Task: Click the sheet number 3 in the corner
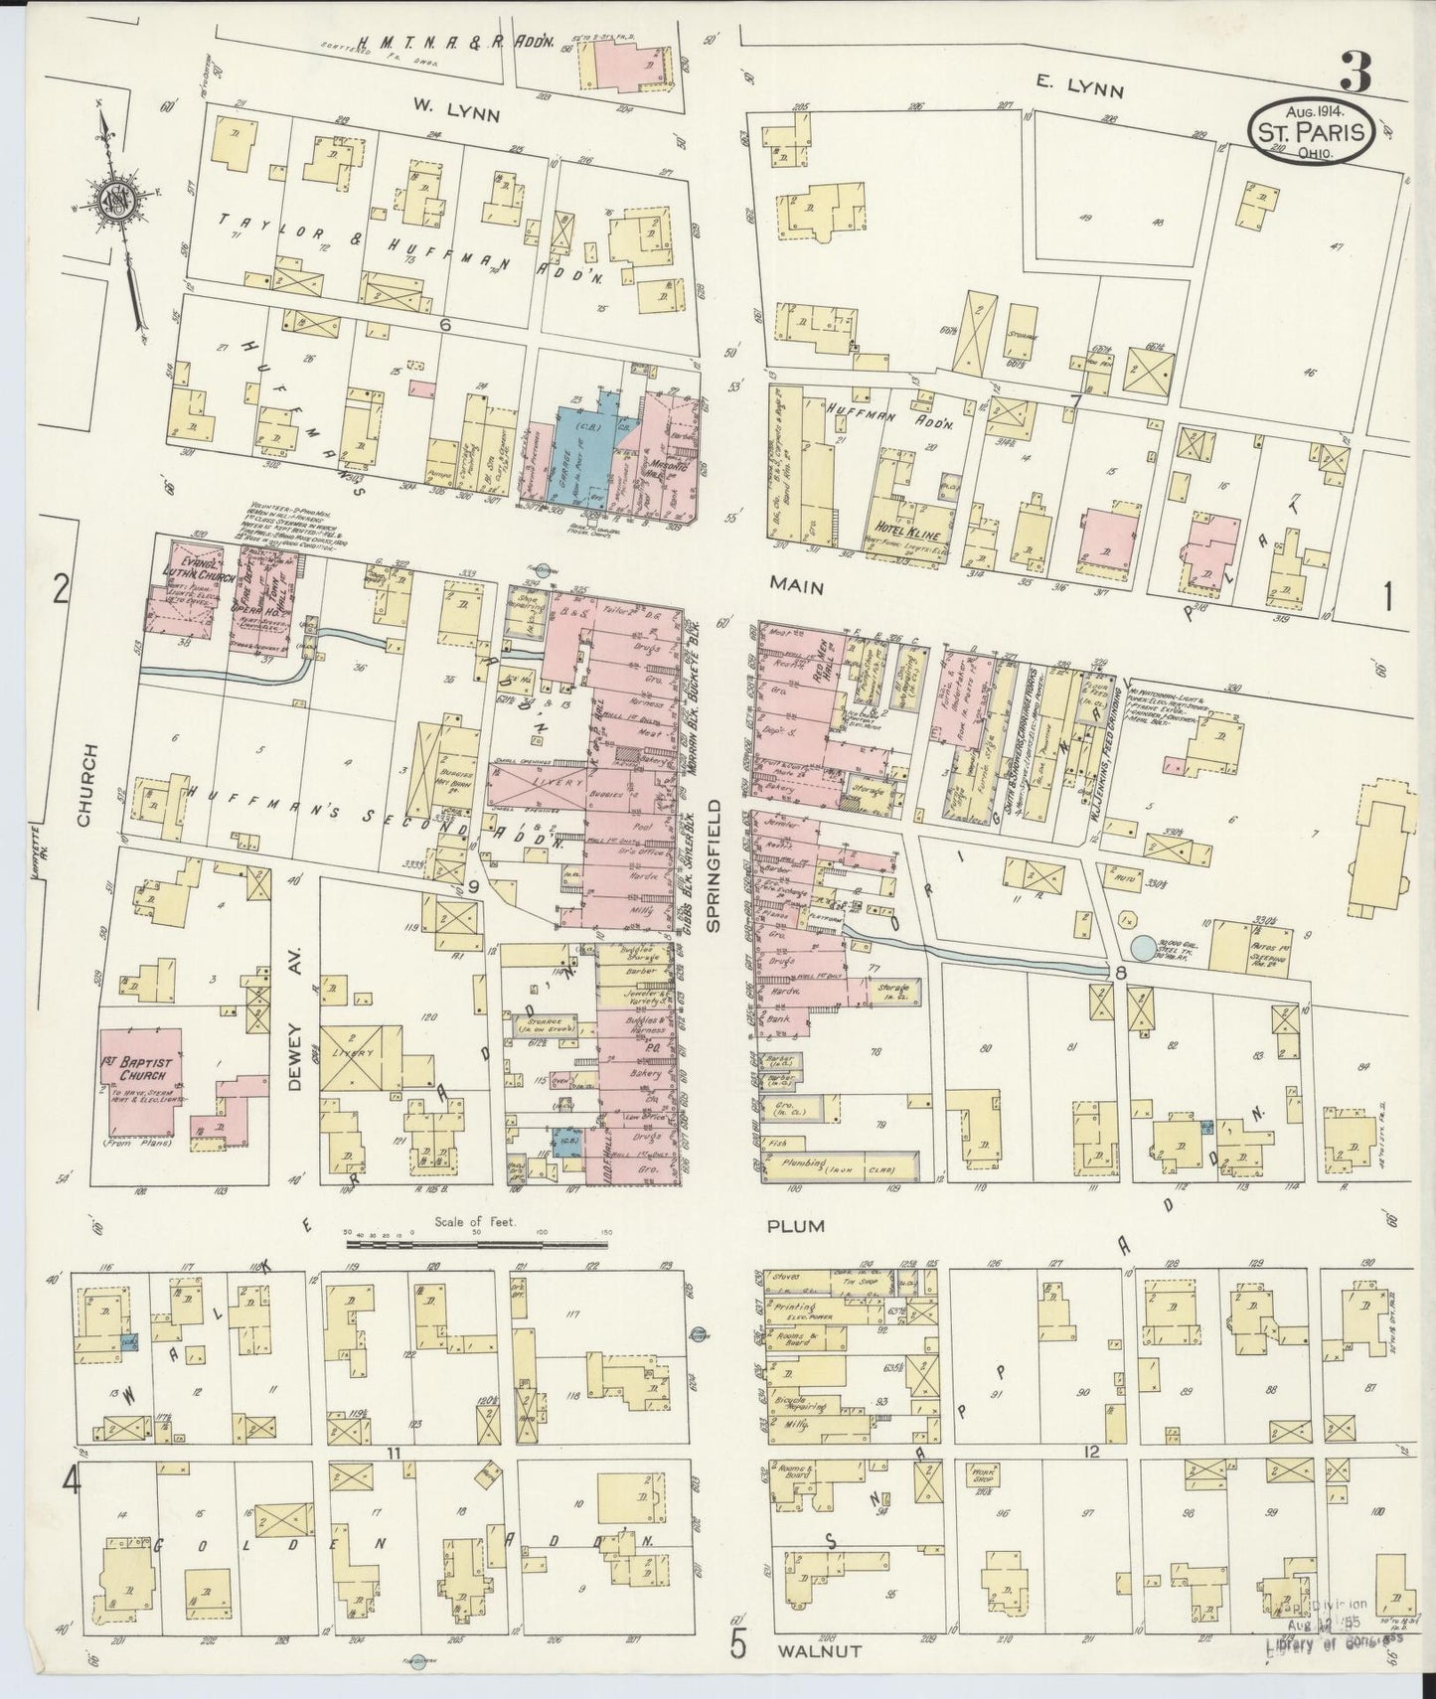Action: [1355, 71]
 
